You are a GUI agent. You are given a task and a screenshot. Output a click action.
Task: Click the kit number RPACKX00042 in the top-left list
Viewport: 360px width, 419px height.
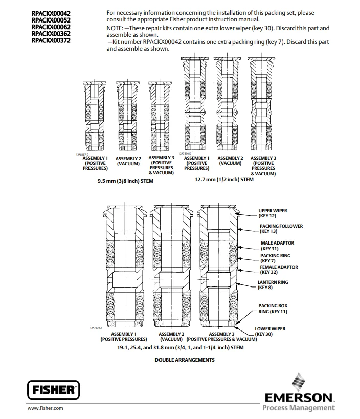(51, 13)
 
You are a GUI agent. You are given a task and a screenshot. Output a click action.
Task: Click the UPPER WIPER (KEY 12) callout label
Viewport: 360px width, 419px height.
(273, 213)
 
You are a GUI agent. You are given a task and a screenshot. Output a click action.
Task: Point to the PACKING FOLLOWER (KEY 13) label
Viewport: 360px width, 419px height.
(281, 229)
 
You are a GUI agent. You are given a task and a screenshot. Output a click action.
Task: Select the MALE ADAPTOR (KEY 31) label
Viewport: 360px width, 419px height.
(277, 246)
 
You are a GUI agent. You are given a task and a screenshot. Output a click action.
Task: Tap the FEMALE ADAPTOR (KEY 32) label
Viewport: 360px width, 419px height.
(279, 270)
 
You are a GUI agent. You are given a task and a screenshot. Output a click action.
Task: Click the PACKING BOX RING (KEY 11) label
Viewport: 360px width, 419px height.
(273, 308)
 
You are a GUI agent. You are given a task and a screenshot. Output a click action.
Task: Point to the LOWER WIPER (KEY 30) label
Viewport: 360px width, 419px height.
(270, 331)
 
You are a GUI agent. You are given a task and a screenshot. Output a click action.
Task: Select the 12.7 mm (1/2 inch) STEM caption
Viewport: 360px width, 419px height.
(224, 180)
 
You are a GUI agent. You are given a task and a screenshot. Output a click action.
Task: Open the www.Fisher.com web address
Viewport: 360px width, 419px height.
(45, 408)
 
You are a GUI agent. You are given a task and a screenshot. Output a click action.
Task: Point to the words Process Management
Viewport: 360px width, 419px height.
(299, 408)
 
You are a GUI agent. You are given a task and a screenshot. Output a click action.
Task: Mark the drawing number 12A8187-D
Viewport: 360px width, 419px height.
(82, 154)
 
